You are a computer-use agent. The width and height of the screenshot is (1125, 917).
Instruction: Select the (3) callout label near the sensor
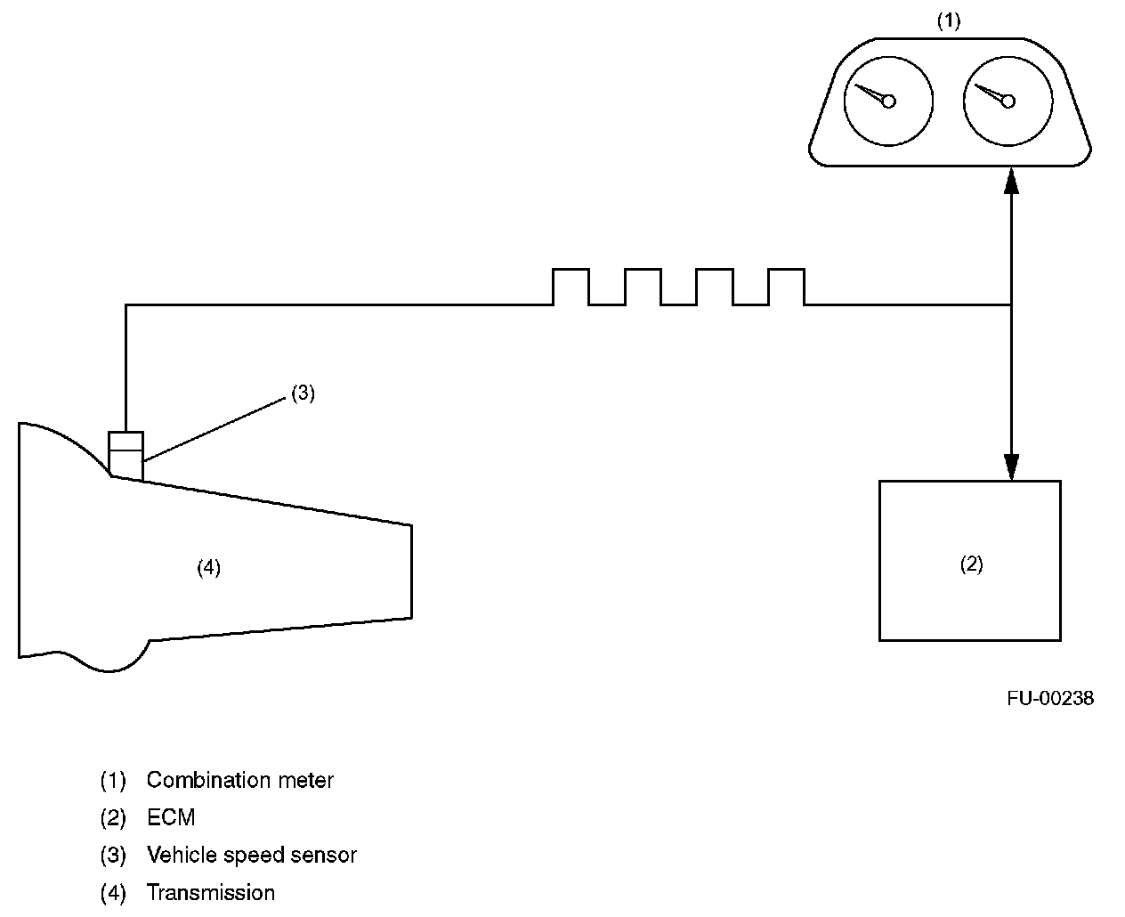tap(304, 394)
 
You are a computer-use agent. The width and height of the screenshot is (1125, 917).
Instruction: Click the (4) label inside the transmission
tap(208, 568)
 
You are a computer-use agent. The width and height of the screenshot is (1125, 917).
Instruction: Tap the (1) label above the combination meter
tap(949, 21)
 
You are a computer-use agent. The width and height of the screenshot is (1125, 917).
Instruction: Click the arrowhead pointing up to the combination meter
tap(1011, 182)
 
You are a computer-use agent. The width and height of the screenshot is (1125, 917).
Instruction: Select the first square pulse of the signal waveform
tap(571, 287)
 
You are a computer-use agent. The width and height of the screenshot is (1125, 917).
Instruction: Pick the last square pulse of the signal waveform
tap(786, 287)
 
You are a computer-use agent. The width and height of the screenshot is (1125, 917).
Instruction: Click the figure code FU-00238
tap(1050, 699)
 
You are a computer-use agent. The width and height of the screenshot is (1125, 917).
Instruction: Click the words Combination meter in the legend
tap(240, 781)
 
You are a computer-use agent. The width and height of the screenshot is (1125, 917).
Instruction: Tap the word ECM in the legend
tap(171, 817)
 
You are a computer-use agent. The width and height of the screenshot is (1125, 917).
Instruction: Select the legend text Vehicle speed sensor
tap(252, 856)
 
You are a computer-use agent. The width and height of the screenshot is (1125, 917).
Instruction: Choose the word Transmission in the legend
tap(211, 892)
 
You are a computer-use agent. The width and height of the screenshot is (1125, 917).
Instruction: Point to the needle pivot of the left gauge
tap(888, 101)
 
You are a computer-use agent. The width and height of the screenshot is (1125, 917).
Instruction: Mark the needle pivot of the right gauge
tap(1008, 101)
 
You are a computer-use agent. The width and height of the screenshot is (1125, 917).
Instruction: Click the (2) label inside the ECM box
tap(971, 564)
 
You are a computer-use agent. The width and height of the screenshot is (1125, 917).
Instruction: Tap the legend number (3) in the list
tap(113, 856)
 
